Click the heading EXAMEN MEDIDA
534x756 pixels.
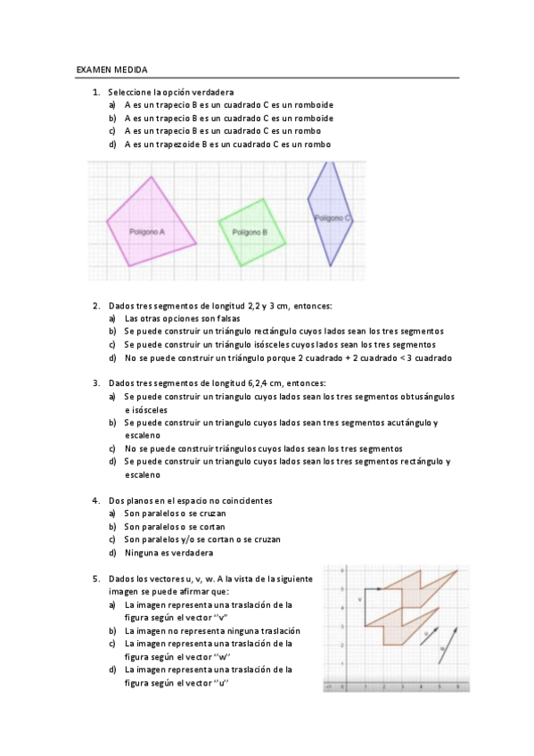pos(112,69)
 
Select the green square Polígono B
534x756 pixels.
pos(253,231)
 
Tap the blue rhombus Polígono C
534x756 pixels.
pos(330,214)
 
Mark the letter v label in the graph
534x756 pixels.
pos(358,599)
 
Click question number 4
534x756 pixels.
pos(95,500)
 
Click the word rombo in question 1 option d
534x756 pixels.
pos(317,144)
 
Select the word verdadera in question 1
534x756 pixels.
pos(212,92)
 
